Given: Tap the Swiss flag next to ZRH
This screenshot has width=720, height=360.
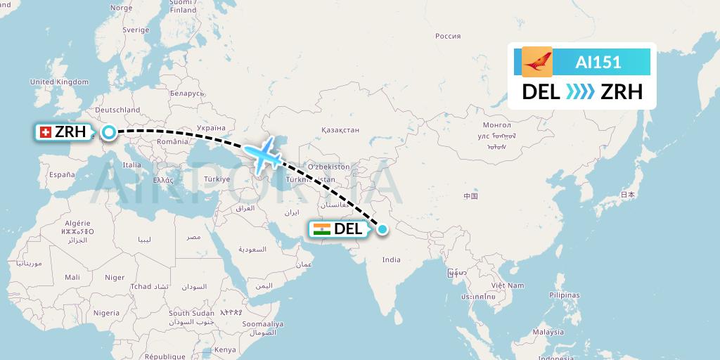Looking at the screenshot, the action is click(45, 132).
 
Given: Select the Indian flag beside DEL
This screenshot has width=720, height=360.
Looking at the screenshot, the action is click(322, 229).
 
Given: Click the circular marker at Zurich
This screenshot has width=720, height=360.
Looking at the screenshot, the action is click(109, 131).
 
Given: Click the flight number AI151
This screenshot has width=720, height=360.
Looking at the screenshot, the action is click(598, 62).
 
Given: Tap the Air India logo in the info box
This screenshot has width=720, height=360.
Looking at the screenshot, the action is click(537, 62).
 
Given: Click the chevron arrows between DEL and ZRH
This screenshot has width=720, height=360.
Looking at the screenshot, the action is click(579, 92).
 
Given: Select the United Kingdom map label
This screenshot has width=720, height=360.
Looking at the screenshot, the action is click(60, 82).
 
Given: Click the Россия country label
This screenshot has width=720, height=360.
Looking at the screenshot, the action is click(447, 36).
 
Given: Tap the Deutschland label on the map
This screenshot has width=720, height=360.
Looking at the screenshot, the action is click(118, 110).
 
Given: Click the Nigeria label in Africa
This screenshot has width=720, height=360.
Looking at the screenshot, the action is click(107, 313).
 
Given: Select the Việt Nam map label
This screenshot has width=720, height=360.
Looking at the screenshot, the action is click(508, 285).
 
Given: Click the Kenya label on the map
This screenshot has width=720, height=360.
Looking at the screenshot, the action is click(225, 349).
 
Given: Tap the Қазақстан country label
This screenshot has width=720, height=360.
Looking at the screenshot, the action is click(340, 130).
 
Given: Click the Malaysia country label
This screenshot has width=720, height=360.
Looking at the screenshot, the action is click(548, 332).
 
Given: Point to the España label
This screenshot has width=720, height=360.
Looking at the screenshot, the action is click(62, 174).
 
